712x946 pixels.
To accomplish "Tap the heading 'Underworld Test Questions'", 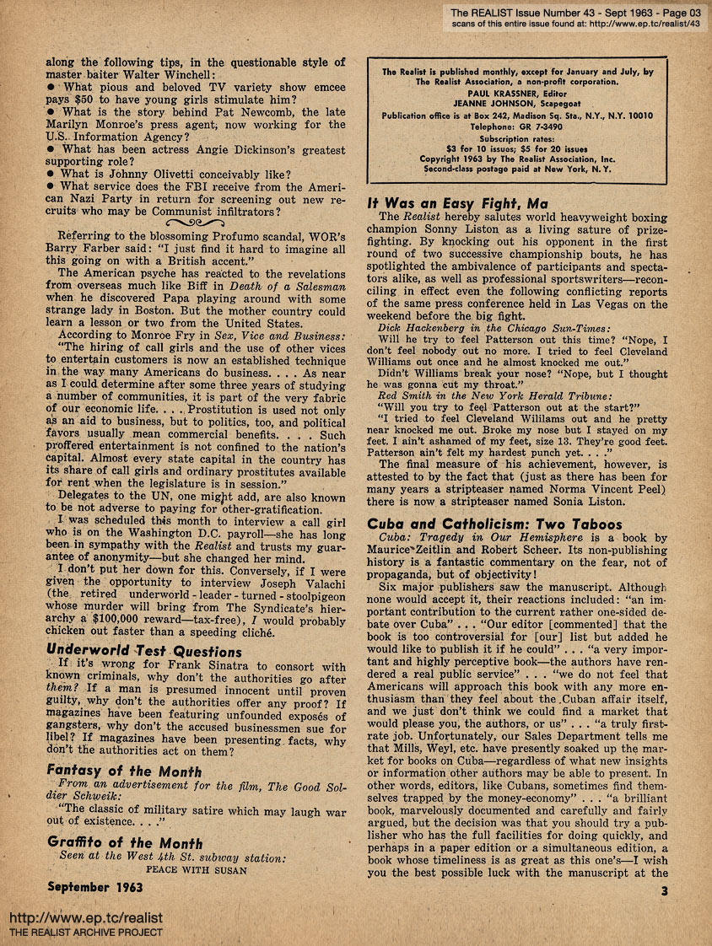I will tap(143, 651).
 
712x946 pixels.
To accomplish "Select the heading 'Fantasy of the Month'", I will tap(124, 771).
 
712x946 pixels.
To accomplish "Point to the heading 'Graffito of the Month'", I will tap(125, 843).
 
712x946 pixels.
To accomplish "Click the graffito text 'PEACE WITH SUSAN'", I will tap(197, 870).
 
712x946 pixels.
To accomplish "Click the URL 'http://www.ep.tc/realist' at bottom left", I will tap(85, 917).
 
